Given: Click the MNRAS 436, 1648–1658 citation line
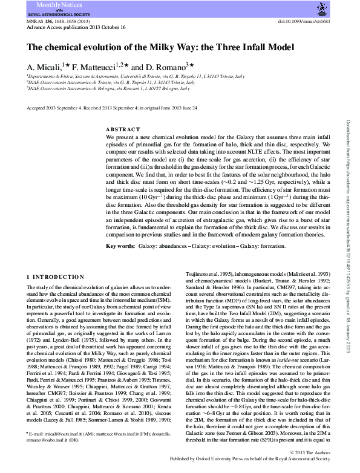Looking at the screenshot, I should point(56,21).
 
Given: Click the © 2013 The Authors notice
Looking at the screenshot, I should point(310,453).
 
